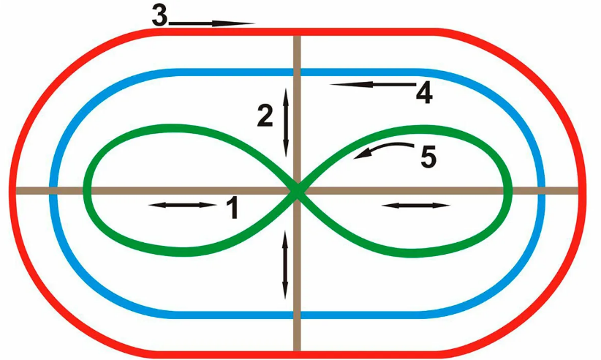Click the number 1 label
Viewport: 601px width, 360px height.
coord(233,207)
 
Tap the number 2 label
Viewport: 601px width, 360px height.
coord(265,115)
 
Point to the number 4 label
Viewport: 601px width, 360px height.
coord(424,92)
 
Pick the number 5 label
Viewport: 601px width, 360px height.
coord(428,156)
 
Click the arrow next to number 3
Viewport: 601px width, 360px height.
coord(211,23)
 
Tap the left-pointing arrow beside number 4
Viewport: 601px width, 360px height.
coord(373,84)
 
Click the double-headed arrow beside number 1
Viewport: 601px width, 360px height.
coord(183,206)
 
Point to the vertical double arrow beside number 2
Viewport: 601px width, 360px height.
coord(286,122)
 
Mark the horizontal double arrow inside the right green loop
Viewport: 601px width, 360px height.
coord(416,206)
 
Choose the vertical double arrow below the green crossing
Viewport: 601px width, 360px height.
coord(285,265)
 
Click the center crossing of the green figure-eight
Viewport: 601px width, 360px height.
coord(297,190)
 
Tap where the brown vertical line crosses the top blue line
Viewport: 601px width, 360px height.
coord(297,72)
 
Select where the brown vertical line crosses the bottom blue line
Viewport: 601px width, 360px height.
coord(297,315)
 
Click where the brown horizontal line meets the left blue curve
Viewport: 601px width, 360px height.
coord(53,190)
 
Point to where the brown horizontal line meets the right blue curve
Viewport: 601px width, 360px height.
coord(541,190)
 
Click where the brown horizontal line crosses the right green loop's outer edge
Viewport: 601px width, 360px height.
coord(508,190)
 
